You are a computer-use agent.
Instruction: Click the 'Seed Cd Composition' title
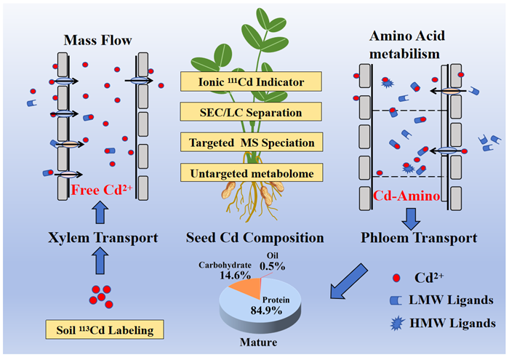pos(252,238)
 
